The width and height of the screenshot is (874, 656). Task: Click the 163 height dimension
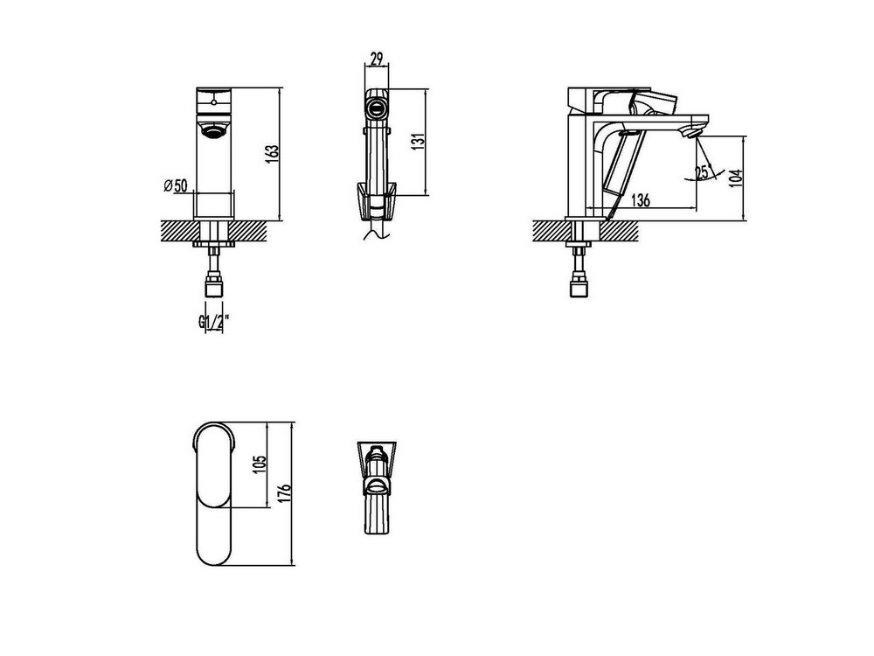pos(273,154)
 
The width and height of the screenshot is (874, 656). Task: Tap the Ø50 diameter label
pos(176,185)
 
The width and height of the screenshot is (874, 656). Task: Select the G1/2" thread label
pos(213,322)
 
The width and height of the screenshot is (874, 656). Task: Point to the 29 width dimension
pos(377,58)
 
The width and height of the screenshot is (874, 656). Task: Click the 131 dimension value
pos(420,140)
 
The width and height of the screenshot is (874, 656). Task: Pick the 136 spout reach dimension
pos(641,199)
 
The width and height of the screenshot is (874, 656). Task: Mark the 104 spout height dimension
pos(736,178)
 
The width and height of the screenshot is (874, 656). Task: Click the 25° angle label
pos(704,171)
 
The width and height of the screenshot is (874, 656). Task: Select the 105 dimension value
pos(260,464)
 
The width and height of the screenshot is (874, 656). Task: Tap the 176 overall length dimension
pos(285,494)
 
